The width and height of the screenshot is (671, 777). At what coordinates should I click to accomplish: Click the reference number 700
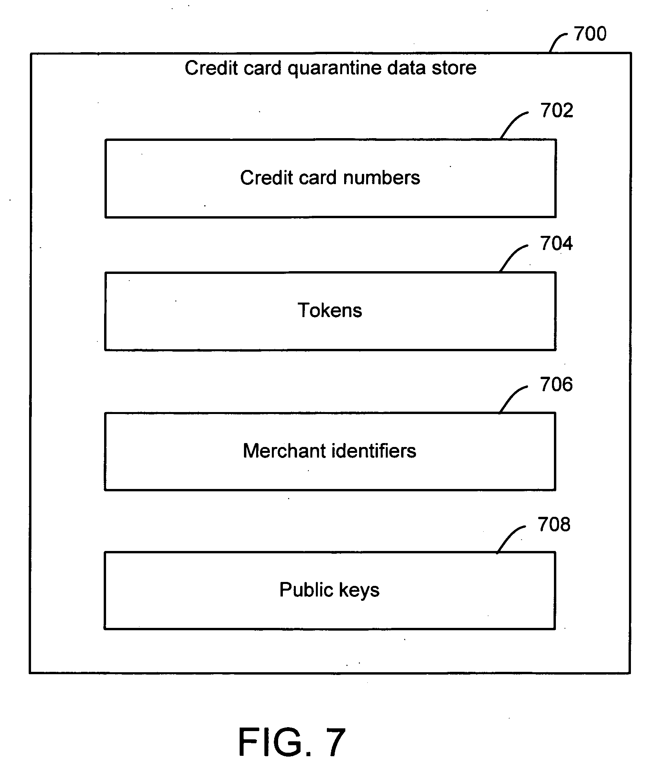point(590,34)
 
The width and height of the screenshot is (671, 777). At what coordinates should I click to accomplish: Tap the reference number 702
point(557,111)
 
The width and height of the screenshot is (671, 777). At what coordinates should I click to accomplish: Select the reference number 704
point(556,244)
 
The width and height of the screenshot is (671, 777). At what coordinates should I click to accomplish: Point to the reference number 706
point(556,384)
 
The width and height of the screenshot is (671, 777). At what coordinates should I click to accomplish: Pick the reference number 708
point(554,524)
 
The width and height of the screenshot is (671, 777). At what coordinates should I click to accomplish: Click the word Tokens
point(330,310)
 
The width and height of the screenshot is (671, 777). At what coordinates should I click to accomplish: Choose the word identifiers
point(374,451)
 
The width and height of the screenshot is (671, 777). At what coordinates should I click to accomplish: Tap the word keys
point(359,591)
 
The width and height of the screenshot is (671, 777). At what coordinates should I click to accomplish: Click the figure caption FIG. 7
point(292,742)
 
